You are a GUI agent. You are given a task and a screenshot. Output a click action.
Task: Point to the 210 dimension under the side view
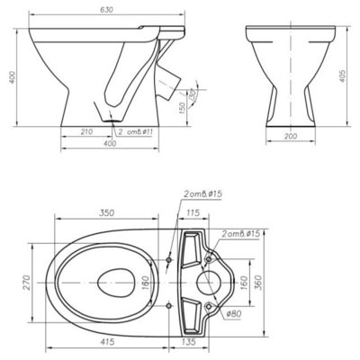tap(86, 133)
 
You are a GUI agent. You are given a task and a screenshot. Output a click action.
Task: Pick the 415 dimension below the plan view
tap(106, 343)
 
